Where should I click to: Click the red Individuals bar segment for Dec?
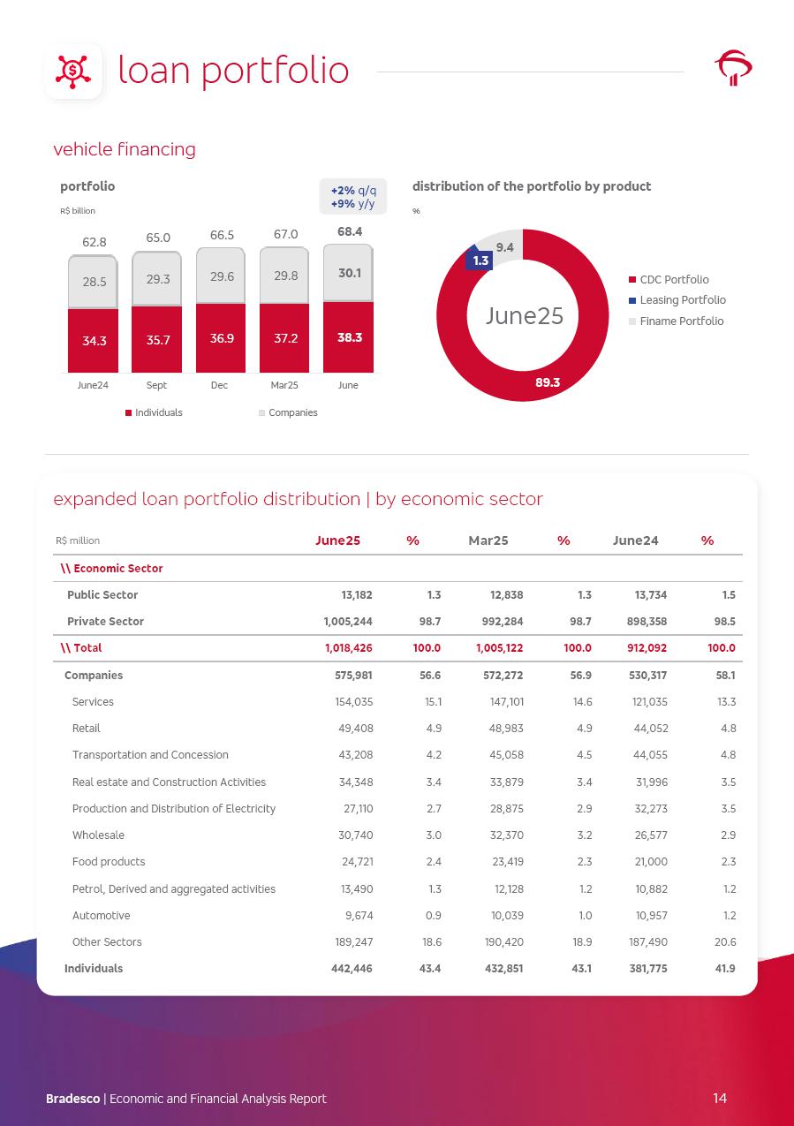click(x=221, y=338)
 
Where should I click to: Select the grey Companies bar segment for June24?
click(x=93, y=283)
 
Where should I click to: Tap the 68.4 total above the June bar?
click(x=349, y=232)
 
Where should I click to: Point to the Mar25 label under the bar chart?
click(x=284, y=386)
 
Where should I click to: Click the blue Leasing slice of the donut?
click(x=480, y=260)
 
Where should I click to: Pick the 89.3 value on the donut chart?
click(x=548, y=382)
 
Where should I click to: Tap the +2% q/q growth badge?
click(x=352, y=191)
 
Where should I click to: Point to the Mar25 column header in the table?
click(x=488, y=541)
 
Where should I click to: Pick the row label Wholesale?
click(x=98, y=835)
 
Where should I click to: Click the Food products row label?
click(x=109, y=862)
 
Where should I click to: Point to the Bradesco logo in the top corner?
click(x=733, y=69)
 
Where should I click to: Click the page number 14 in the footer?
click(x=720, y=1099)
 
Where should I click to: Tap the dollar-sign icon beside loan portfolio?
click(x=73, y=71)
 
